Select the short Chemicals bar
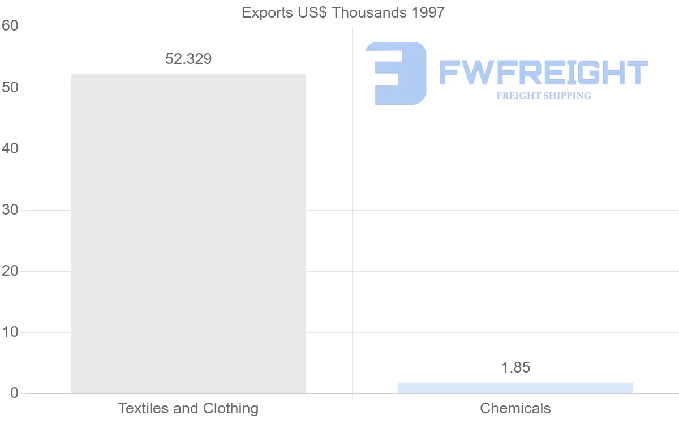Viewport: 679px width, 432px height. (515, 388)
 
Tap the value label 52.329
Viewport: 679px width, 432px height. (188, 59)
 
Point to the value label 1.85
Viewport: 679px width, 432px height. (515, 367)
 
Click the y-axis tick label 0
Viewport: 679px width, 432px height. (14, 393)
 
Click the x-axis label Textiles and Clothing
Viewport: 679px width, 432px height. (188, 408)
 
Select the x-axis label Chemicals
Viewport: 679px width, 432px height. (515, 408)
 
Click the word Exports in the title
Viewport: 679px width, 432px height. (264, 12)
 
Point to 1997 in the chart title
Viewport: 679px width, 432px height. (428, 12)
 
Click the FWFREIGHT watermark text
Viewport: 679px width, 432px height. (543, 72)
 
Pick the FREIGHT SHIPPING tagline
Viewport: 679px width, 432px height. (544, 96)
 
